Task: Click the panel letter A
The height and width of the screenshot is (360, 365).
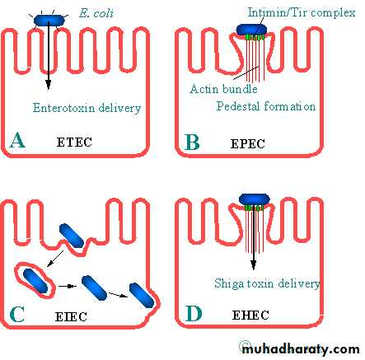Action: pos(17,140)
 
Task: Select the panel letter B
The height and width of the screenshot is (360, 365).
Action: pos(192,142)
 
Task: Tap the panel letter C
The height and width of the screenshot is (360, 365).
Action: pos(17,314)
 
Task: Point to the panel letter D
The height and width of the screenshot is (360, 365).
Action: pos(194,314)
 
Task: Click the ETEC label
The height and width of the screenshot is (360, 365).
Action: pos(74,143)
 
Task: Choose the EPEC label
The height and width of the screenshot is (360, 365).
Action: pos(248,143)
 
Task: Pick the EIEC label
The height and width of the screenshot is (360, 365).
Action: pos(71,316)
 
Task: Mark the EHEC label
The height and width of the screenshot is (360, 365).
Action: pos(250,315)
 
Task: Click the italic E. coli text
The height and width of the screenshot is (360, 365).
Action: pos(96,13)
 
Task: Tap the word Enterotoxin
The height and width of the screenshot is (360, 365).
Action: pos(63,107)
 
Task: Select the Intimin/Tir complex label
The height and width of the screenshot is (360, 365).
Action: pos(302,12)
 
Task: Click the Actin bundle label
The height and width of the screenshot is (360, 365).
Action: pos(223,89)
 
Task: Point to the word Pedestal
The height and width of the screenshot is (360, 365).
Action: pos(238,106)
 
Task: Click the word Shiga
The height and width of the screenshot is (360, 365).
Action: pos(228,283)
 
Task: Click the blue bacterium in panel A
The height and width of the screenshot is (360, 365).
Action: pos(49,21)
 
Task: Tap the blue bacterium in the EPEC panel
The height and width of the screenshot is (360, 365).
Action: pos(251,30)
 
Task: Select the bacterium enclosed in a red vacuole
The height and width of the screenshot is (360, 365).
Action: pos(35,281)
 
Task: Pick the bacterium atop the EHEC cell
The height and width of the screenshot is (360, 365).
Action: pos(255,199)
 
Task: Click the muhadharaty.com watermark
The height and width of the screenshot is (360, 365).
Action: pos(301,349)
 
